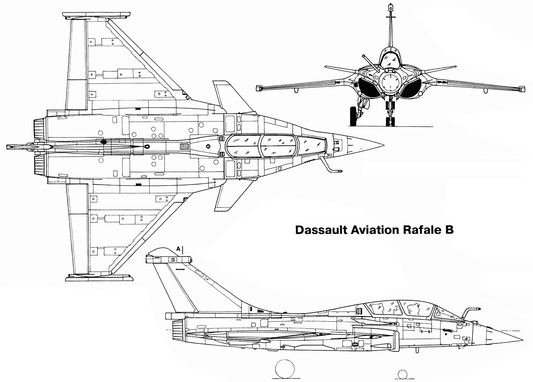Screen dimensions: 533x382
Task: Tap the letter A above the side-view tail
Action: [178, 249]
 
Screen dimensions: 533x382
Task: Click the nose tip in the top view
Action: [384, 145]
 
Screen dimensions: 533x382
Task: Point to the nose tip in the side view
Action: [522, 339]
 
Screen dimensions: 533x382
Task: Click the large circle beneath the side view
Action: [285, 369]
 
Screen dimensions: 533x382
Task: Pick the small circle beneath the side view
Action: [402, 374]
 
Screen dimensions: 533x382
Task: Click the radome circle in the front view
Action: [390, 82]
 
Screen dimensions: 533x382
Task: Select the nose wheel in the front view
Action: [390, 121]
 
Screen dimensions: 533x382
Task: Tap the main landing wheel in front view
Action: [354, 116]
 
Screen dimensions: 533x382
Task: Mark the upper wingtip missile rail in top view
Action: [96, 15]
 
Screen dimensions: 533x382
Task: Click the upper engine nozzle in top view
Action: [40, 128]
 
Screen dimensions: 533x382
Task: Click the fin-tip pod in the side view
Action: [169, 260]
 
